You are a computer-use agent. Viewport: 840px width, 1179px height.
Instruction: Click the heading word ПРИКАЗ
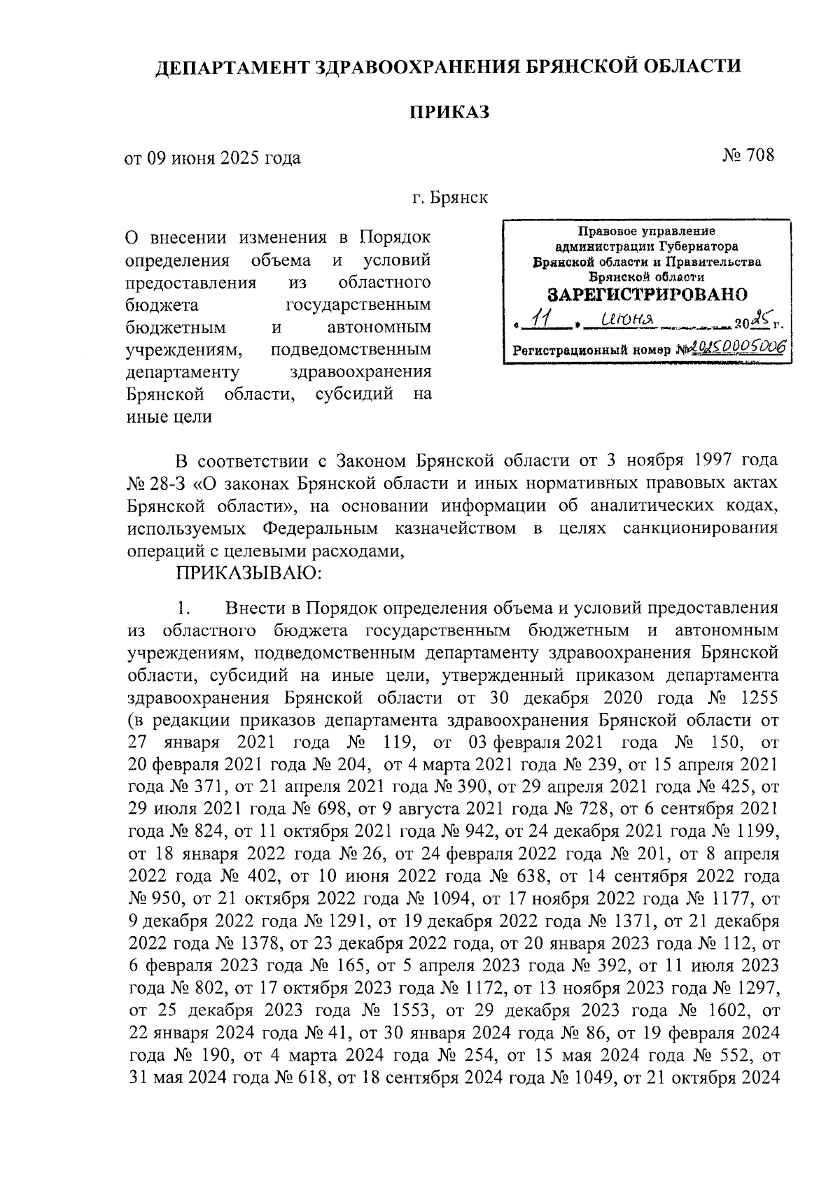[448, 111]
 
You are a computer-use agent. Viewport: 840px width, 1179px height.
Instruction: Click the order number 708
[760, 155]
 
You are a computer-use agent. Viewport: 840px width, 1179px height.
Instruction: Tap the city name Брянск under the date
[459, 198]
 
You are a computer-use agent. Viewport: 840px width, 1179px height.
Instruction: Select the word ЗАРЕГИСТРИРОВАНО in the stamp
[647, 294]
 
